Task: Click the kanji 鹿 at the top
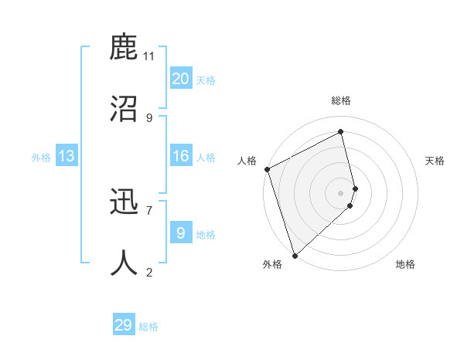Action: [124, 48]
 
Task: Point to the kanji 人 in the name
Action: [124, 263]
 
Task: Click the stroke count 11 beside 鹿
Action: [149, 56]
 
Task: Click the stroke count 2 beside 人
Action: [149, 271]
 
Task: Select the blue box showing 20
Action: [181, 79]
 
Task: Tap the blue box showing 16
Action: [181, 156]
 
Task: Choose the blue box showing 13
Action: [67, 156]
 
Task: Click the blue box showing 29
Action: [123, 325]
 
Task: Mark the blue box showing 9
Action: [181, 232]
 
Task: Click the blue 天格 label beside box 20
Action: [206, 80]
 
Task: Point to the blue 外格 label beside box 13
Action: [41, 158]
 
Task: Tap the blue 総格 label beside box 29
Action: [148, 327]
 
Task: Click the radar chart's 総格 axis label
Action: [341, 100]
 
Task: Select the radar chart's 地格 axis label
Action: [405, 264]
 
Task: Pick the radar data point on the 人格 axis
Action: [267, 169]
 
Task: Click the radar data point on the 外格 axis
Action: [294, 255]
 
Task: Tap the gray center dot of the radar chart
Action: [341, 192]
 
